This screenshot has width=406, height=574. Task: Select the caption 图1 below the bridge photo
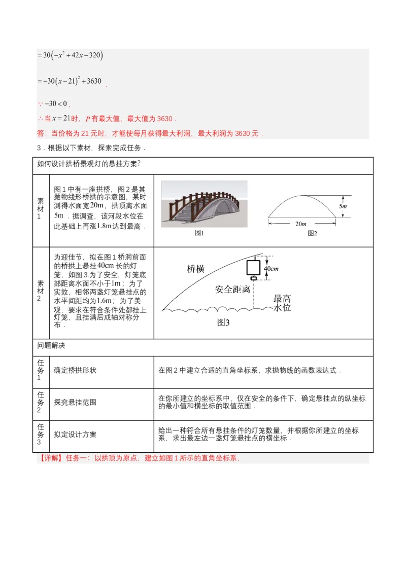(x=199, y=233)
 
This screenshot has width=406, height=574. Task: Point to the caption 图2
(x=313, y=233)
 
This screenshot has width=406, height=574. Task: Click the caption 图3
(x=223, y=322)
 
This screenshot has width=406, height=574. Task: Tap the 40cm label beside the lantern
(x=271, y=268)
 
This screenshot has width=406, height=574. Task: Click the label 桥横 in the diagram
(x=195, y=269)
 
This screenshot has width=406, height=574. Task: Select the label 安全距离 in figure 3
(x=232, y=290)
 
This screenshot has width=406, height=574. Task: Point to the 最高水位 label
(x=282, y=303)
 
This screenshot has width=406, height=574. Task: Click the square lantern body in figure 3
(x=252, y=267)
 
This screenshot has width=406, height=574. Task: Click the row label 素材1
(x=41, y=208)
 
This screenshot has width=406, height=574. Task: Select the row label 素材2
(x=41, y=291)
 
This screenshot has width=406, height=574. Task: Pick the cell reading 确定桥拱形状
(x=75, y=370)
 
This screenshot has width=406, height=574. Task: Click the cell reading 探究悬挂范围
(x=75, y=403)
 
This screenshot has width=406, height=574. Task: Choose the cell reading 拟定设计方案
(x=75, y=435)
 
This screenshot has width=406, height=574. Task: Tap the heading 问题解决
(x=51, y=346)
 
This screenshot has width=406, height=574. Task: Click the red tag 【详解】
(x=50, y=458)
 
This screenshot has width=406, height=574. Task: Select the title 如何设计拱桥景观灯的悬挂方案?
(x=89, y=163)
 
